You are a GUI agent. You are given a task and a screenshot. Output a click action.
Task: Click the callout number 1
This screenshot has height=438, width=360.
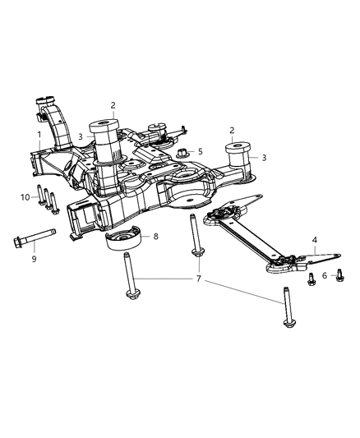tap(38, 134)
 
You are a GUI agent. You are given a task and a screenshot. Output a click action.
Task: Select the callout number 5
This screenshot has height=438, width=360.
tap(200, 151)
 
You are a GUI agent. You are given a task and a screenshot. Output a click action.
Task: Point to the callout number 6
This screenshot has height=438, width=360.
tap(325, 276)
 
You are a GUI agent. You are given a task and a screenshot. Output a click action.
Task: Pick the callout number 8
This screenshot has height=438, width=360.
tap(155, 237)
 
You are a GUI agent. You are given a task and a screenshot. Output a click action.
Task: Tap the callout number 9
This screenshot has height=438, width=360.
tap(33, 260)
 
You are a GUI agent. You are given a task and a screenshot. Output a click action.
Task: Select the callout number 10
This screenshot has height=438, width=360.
tap(25, 196)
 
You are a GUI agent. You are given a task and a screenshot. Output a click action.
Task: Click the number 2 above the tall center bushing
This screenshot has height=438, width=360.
tap(113, 105)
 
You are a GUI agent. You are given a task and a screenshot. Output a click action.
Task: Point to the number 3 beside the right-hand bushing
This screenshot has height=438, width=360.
tap(264, 157)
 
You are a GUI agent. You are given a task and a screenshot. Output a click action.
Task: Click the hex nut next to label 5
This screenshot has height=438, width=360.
tap(182, 152)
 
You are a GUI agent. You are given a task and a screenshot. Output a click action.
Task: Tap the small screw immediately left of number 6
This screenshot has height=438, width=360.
tap(312, 279)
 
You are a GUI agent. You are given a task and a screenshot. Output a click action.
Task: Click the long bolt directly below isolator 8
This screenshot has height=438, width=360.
tap(129, 279)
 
